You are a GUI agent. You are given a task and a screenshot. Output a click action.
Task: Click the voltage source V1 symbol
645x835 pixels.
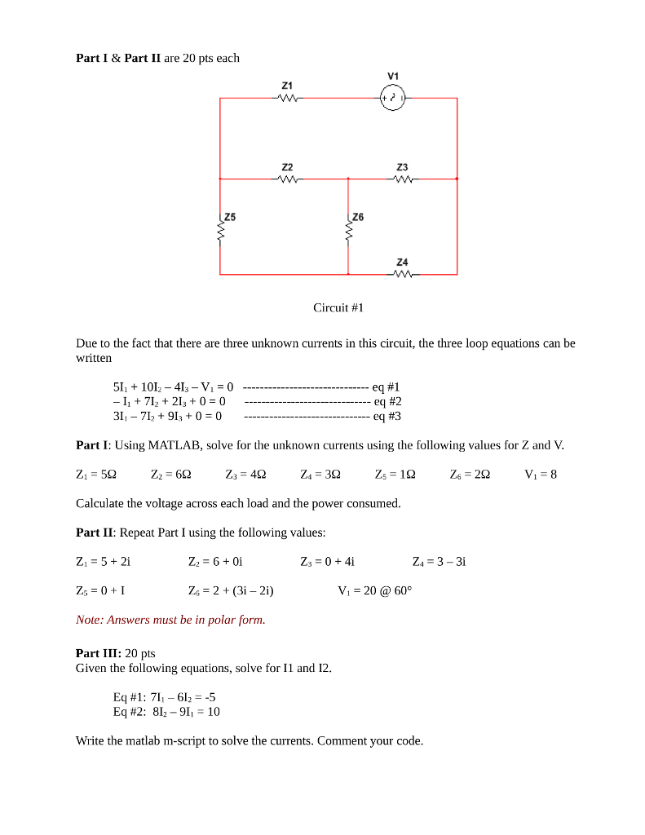click(x=393, y=98)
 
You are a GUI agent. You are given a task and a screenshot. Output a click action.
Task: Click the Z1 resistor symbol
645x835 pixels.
click(x=287, y=99)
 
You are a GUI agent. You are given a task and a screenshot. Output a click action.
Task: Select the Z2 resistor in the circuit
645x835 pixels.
click(x=287, y=179)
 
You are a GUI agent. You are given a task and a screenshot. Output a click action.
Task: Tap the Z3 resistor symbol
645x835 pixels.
click(x=402, y=179)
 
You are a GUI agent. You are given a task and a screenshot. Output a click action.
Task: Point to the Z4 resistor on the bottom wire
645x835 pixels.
click(x=402, y=274)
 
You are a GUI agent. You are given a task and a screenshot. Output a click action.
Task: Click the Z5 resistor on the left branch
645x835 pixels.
click(x=220, y=233)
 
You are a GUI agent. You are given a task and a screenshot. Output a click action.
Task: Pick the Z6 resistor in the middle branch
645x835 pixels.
click(x=348, y=233)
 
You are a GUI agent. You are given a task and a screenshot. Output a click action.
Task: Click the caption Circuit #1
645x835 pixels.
click(x=338, y=307)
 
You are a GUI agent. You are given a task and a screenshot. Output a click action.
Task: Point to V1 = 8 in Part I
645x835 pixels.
click(x=541, y=475)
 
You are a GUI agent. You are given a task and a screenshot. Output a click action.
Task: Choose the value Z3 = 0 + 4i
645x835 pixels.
click(x=327, y=561)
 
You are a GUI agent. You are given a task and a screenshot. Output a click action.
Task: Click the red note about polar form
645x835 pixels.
click(x=170, y=620)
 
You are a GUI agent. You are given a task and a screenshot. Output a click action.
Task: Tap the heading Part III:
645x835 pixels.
click(x=99, y=653)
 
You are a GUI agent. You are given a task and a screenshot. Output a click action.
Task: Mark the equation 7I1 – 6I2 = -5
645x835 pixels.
click(x=164, y=697)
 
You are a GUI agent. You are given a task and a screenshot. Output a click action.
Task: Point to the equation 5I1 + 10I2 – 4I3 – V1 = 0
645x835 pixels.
click(x=173, y=387)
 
